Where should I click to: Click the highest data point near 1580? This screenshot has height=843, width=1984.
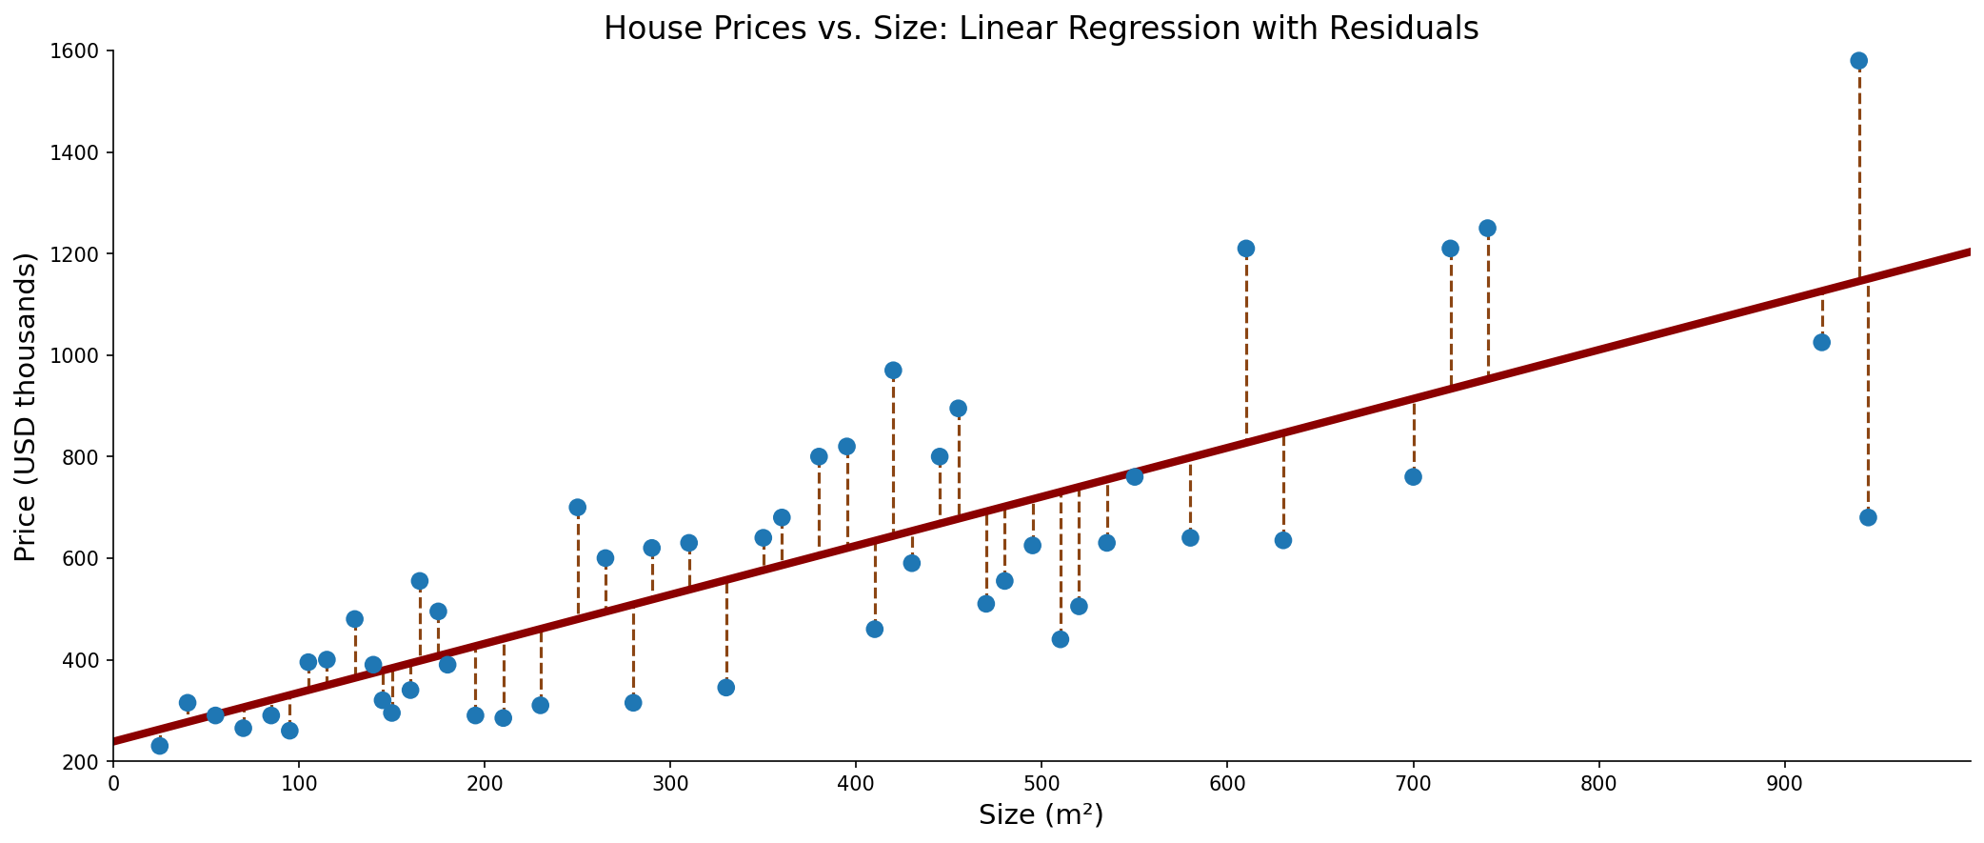[1858, 61]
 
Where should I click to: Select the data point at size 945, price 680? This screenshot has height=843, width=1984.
[1868, 517]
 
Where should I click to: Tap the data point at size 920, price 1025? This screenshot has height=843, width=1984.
[1821, 342]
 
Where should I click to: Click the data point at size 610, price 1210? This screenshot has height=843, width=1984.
[1246, 249]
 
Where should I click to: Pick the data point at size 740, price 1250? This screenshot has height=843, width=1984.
[1487, 229]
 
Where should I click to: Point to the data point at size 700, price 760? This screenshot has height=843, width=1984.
[1413, 476]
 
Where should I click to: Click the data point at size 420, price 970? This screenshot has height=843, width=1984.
[893, 371]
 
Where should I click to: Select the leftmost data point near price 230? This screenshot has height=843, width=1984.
[160, 746]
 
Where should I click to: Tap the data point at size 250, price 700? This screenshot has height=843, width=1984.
[578, 508]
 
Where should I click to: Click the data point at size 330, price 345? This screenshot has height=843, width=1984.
[726, 688]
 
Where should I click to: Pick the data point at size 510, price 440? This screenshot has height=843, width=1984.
[1061, 639]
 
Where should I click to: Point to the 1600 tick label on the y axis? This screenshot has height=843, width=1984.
[78, 51]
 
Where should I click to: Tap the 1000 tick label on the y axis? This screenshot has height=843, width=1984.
[78, 355]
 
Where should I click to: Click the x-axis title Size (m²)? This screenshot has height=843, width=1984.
[1042, 815]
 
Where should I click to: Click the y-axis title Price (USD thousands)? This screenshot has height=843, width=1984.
[26, 407]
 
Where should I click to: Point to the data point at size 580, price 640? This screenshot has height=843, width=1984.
[1190, 538]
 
